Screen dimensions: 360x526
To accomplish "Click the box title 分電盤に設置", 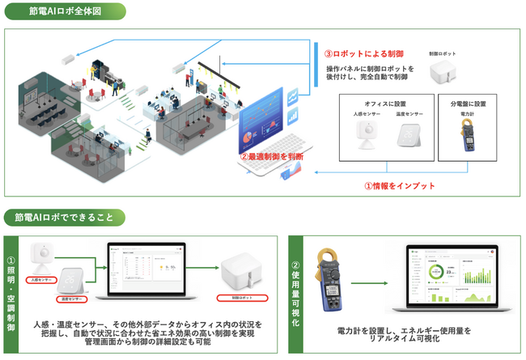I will point(467,104).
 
